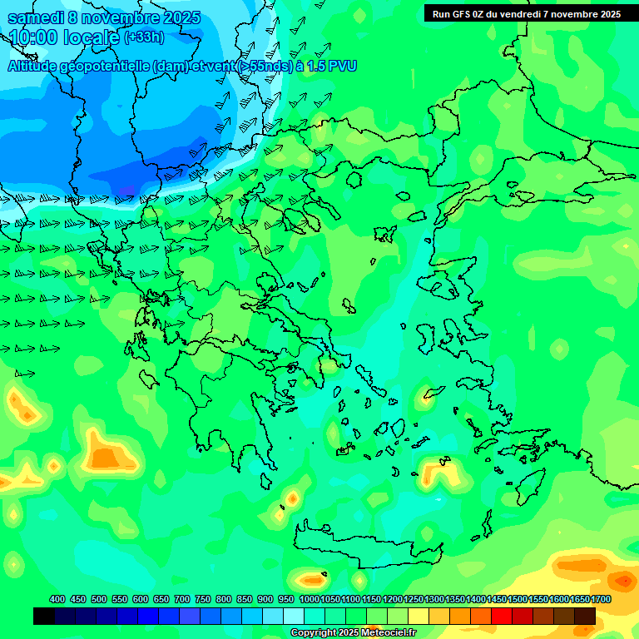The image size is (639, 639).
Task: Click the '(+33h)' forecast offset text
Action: pyautogui.click(x=144, y=37)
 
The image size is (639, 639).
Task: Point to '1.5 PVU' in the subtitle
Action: pyautogui.click(x=332, y=66)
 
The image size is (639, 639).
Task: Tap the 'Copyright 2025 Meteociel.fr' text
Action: pyautogui.click(x=353, y=633)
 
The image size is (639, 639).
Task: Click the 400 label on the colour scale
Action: pyautogui.click(x=57, y=599)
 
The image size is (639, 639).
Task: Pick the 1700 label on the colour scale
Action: pyautogui.click(x=602, y=599)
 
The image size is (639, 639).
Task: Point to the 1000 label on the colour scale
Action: pyautogui.click(x=309, y=599)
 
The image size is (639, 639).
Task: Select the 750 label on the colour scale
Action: pyautogui.click(x=202, y=599)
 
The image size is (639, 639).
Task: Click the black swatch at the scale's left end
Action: pyautogui.click(x=44, y=616)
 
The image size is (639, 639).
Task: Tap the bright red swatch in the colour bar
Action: pyautogui.click(x=502, y=616)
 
